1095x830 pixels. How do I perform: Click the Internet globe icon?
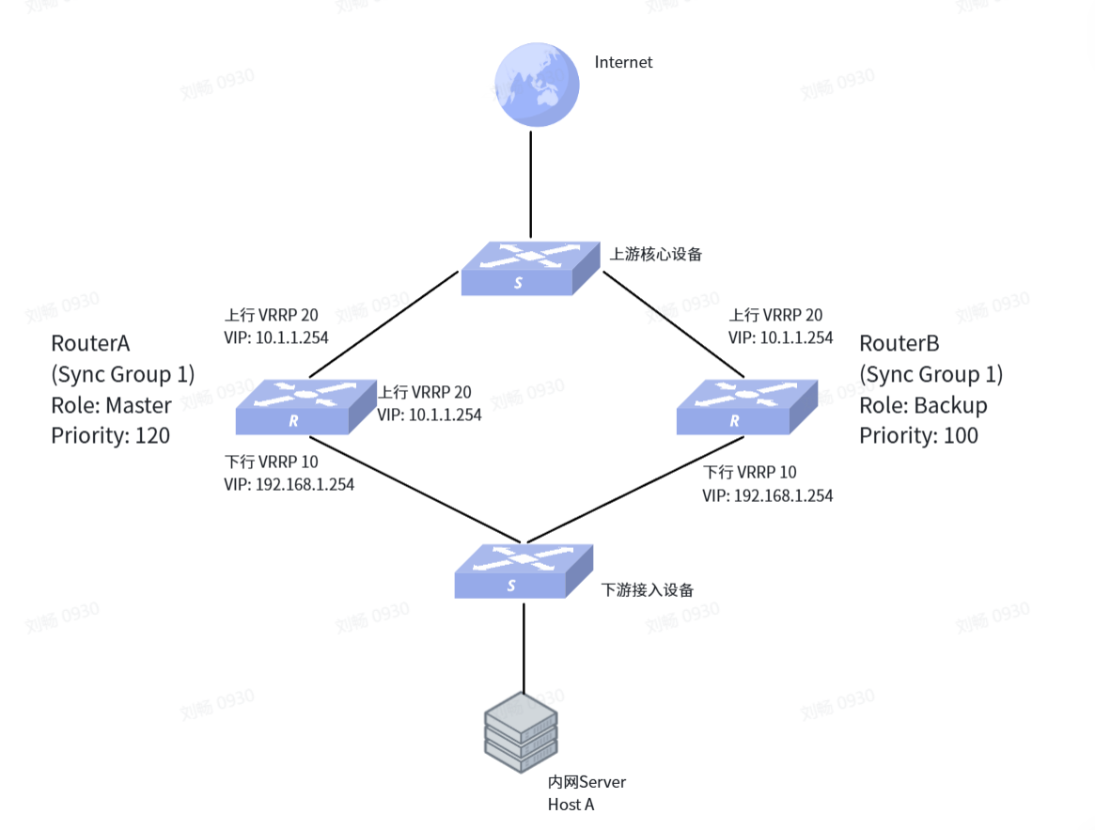coord(537,85)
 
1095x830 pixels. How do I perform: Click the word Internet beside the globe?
coord(623,62)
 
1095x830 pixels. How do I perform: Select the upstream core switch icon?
coord(530,268)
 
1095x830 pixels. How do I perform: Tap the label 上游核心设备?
coord(656,255)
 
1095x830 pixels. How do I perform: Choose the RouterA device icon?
coord(305,407)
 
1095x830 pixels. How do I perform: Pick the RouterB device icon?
coord(746,407)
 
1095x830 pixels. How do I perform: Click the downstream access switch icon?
coord(524,572)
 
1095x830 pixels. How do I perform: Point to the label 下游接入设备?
coord(648,590)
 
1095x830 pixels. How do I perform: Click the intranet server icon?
coord(521,732)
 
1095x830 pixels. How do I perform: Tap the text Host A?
coord(571,805)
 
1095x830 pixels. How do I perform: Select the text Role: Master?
coord(111,405)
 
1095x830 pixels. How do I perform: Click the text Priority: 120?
coord(110,436)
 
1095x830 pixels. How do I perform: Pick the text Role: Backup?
coord(922,405)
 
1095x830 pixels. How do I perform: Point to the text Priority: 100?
coord(918,436)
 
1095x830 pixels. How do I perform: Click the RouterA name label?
coord(90,344)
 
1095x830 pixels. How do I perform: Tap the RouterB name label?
coord(899,344)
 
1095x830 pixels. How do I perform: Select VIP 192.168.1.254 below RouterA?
coord(289,485)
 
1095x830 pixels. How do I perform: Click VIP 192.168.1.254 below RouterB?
coord(768,496)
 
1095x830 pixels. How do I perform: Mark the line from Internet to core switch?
coord(531,184)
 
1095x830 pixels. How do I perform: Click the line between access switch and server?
coord(524,648)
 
